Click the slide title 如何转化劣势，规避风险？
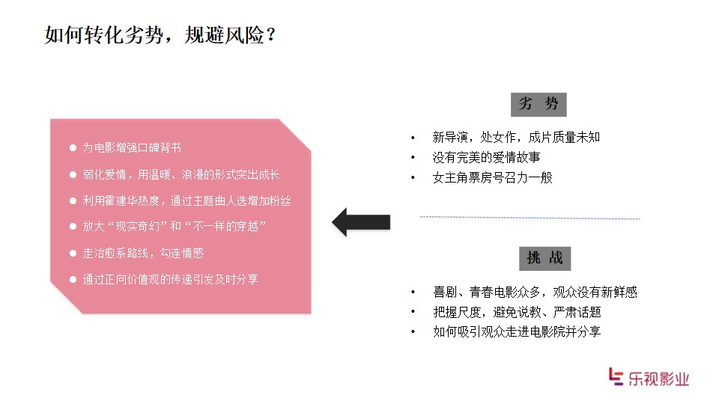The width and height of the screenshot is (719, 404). (x=160, y=35)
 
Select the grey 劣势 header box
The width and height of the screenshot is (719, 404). (x=539, y=105)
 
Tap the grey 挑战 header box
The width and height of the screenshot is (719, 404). (x=544, y=258)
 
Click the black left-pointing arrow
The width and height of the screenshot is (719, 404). (x=361, y=222)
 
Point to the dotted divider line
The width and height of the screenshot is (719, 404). (x=530, y=218)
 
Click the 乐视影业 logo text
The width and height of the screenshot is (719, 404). (x=658, y=379)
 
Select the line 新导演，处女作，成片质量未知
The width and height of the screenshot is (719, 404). (x=516, y=137)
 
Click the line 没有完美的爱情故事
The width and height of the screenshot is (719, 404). (x=487, y=157)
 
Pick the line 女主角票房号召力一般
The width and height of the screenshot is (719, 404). (x=493, y=177)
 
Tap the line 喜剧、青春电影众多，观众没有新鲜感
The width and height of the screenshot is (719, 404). (x=535, y=292)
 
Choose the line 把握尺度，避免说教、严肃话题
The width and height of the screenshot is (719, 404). (x=518, y=312)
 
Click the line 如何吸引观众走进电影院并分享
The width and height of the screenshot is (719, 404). (x=517, y=331)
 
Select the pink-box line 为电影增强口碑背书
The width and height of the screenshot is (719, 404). (x=132, y=147)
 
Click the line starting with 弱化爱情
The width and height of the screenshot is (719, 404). (x=181, y=174)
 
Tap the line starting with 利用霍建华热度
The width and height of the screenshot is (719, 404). (x=186, y=201)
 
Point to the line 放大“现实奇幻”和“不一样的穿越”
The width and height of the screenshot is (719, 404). (x=175, y=226)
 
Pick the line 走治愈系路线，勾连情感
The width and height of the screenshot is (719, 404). (x=143, y=253)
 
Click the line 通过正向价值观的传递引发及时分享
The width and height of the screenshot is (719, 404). (x=170, y=279)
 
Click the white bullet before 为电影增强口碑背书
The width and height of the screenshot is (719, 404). (x=73, y=147)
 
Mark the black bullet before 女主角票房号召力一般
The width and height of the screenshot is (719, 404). (x=413, y=178)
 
